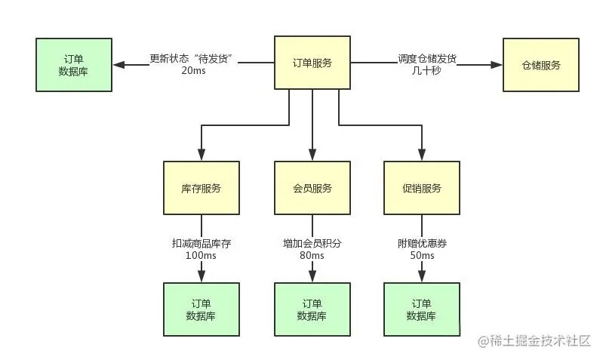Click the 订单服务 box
pos(312,65)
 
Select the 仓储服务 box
pos(540,65)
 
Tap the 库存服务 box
pos(202,188)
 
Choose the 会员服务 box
pos(312,188)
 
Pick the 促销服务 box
pos(421,188)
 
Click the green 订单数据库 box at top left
pos(74,65)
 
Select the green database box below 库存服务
pos(202,309)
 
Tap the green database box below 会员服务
pos(312,309)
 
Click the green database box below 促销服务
pos(421,309)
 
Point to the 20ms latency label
pos(194,71)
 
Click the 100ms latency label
pos(201,256)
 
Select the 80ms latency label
pos(312,256)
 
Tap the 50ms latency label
pos(421,256)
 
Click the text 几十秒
pos(426,71)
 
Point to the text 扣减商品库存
pos(201,243)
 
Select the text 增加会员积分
pos(312,243)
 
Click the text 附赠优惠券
pos(421,243)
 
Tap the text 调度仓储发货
pos(426,58)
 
